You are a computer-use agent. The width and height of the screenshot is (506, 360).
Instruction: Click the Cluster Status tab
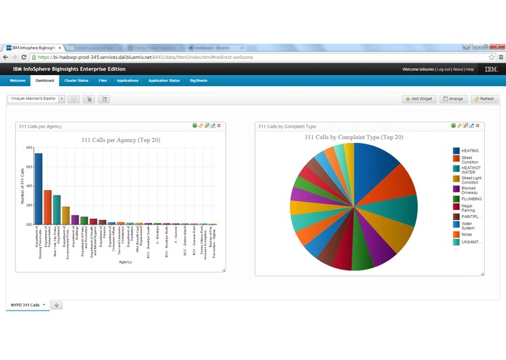pyautogui.click(x=76, y=80)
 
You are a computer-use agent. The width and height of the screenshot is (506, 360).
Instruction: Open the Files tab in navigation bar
pyautogui.click(x=103, y=80)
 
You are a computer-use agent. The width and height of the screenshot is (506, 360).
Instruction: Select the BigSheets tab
pyautogui.click(x=199, y=80)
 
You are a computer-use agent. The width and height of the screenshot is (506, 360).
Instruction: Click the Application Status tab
pyautogui.click(x=164, y=80)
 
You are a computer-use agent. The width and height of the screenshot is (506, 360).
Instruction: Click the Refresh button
pyautogui.click(x=484, y=98)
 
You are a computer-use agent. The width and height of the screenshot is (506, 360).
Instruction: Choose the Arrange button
pyautogui.click(x=454, y=98)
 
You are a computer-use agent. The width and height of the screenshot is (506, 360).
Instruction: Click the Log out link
pyautogui.click(x=443, y=69)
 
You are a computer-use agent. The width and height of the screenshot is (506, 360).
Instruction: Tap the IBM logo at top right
pyautogui.click(x=491, y=69)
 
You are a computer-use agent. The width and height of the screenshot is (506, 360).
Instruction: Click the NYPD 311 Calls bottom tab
pyautogui.click(x=25, y=305)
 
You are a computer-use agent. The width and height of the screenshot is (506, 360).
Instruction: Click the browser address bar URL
pyautogui.click(x=146, y=56)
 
